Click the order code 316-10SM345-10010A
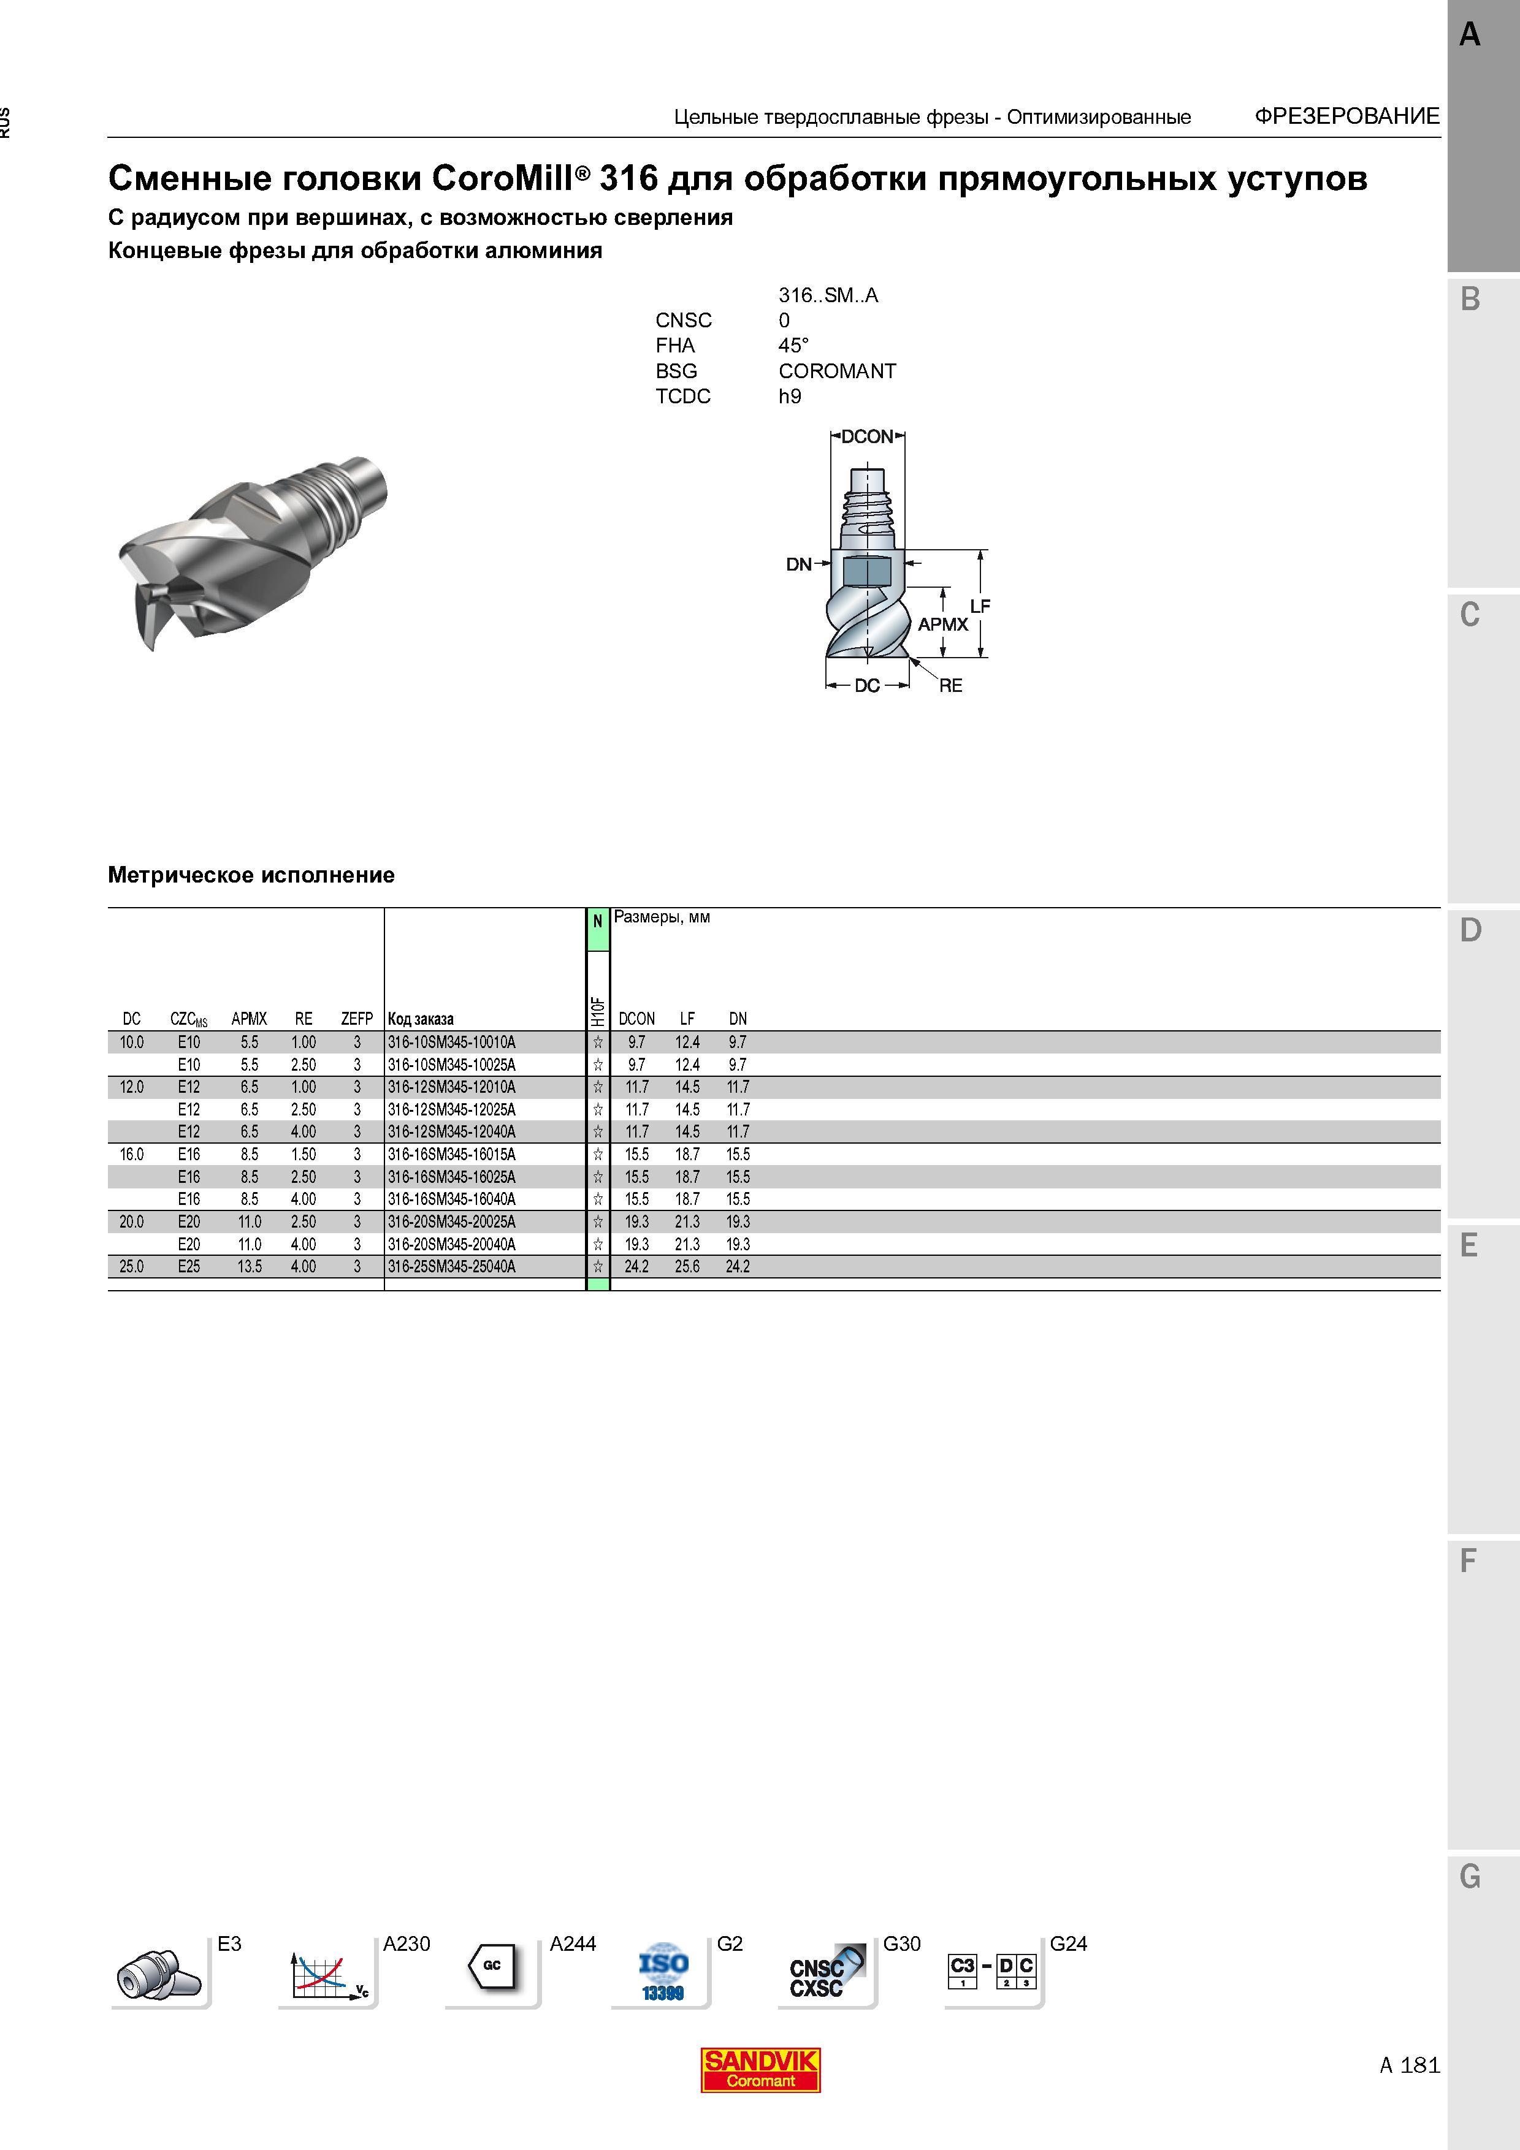pos(451,1043)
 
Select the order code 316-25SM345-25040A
pos(451,1266)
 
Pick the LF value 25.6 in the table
pos(687,1266)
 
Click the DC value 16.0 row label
pos(132,1155)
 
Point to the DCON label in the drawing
pos(867,436)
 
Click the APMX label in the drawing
pos(943,625)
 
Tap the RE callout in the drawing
pos(950,685)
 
